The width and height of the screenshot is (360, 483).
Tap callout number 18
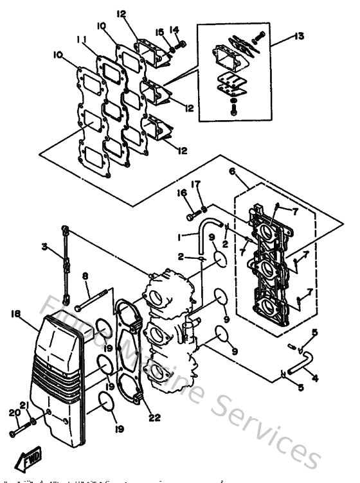coord(16,313)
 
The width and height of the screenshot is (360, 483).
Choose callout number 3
coord(45,247)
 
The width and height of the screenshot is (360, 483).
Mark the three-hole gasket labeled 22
coord(132,350)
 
